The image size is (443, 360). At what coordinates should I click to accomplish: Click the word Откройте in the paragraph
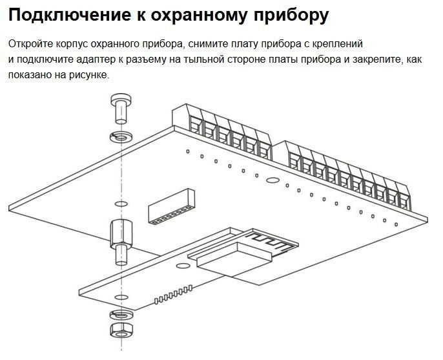(30, 44)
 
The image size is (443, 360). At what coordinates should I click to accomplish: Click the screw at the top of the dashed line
(120, 109)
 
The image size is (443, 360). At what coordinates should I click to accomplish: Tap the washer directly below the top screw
(120, 137)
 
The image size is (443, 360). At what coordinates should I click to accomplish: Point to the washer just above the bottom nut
(120, 315)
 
